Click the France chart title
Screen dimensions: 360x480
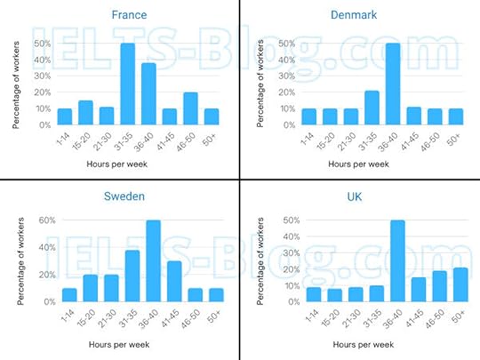(x=130, y=15)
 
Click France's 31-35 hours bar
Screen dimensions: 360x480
(x=127, y=84)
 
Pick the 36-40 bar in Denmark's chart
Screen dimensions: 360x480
(x=392, y=84)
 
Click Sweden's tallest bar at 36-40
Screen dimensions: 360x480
(x=153, y=261)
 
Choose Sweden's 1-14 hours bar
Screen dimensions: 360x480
(x=68, y=295)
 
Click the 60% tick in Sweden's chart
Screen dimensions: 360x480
(x=45, y=220)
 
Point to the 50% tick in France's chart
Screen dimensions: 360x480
(x=41, y=44)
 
